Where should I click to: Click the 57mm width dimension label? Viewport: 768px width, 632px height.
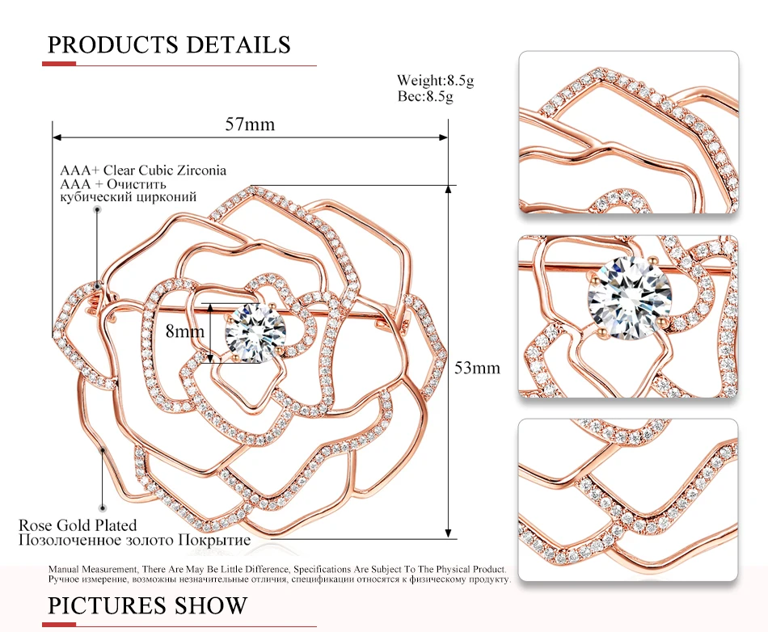(x=250, y=124)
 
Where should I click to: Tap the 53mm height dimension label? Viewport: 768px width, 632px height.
(x=477, y=368)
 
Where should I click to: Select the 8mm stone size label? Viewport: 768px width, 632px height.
(x=184, y=331)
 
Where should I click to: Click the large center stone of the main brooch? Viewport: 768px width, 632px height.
(x=255, y=334)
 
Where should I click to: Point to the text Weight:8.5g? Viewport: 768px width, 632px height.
(x=435, y=80)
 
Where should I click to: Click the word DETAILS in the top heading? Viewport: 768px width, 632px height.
(x=238, y=44)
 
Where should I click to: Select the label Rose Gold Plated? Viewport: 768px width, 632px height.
(x=78, y=525)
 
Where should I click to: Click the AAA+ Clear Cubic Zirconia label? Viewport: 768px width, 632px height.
(x=143, y=171)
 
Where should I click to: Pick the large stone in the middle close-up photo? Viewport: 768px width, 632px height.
(x=630, y=299)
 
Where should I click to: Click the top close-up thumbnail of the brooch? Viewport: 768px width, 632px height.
(x=628, y=133)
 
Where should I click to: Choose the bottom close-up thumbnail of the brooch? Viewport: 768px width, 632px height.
(x=628, y=499)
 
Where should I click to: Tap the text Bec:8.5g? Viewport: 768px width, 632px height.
(x=425, y=96)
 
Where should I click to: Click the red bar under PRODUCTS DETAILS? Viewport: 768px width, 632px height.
(x=59, y=64)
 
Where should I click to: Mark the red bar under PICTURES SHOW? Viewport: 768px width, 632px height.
(x=59, y=625)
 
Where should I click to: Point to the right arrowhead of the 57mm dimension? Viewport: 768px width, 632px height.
(x=444, y=137)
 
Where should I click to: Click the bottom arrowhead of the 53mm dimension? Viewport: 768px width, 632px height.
(x=448, y=533)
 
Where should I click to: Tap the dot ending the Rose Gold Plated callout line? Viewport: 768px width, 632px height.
(x=103, y=508)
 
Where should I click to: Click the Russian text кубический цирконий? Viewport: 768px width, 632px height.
(x=128, y=197)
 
